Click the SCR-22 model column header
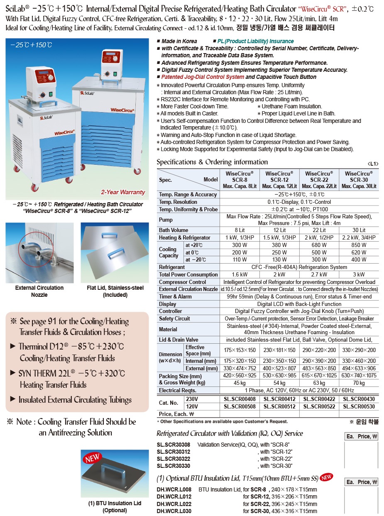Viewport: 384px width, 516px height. (319, 180)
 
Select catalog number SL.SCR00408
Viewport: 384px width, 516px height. (239, 399)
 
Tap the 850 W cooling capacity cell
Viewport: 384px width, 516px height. (359, 245)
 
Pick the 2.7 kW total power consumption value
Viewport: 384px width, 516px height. (319, 274)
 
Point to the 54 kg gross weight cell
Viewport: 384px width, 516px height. (279, 383)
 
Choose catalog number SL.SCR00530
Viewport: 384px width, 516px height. (359, 407)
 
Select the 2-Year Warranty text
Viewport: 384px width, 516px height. (123, 192)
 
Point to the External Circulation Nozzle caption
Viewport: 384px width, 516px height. (39, 291)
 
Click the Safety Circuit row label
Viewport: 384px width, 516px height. (174, 318)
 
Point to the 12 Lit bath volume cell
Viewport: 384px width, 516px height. (279, 230)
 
